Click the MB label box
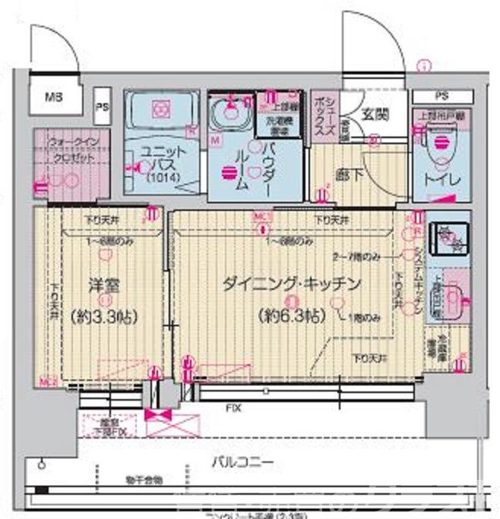coord(52,97)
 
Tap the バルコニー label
coord(242,461)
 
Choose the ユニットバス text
coord(158,158)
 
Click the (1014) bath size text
coord(158,180)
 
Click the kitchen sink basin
coord(455,296)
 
